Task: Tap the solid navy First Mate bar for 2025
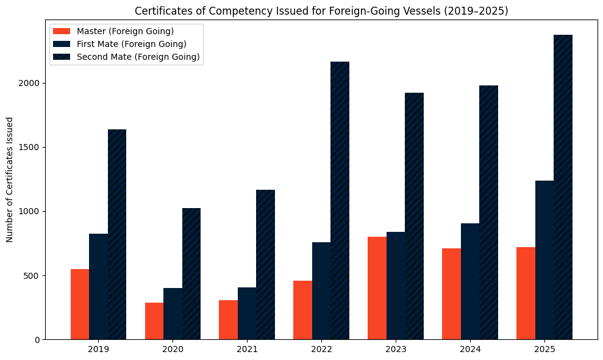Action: [x=544, y=260]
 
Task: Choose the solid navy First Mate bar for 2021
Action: [x=247, y=313]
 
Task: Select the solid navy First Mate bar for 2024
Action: [x=470, y=281]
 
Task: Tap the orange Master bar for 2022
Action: [x=302, y=310]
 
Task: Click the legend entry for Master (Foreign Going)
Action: [x=125, y=31]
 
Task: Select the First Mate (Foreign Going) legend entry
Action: [x=131, y=44]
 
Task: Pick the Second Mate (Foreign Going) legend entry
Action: [x=138, y=57]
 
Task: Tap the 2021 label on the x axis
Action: [x=247, y=350]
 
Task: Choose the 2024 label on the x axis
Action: [x=470, y=350]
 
